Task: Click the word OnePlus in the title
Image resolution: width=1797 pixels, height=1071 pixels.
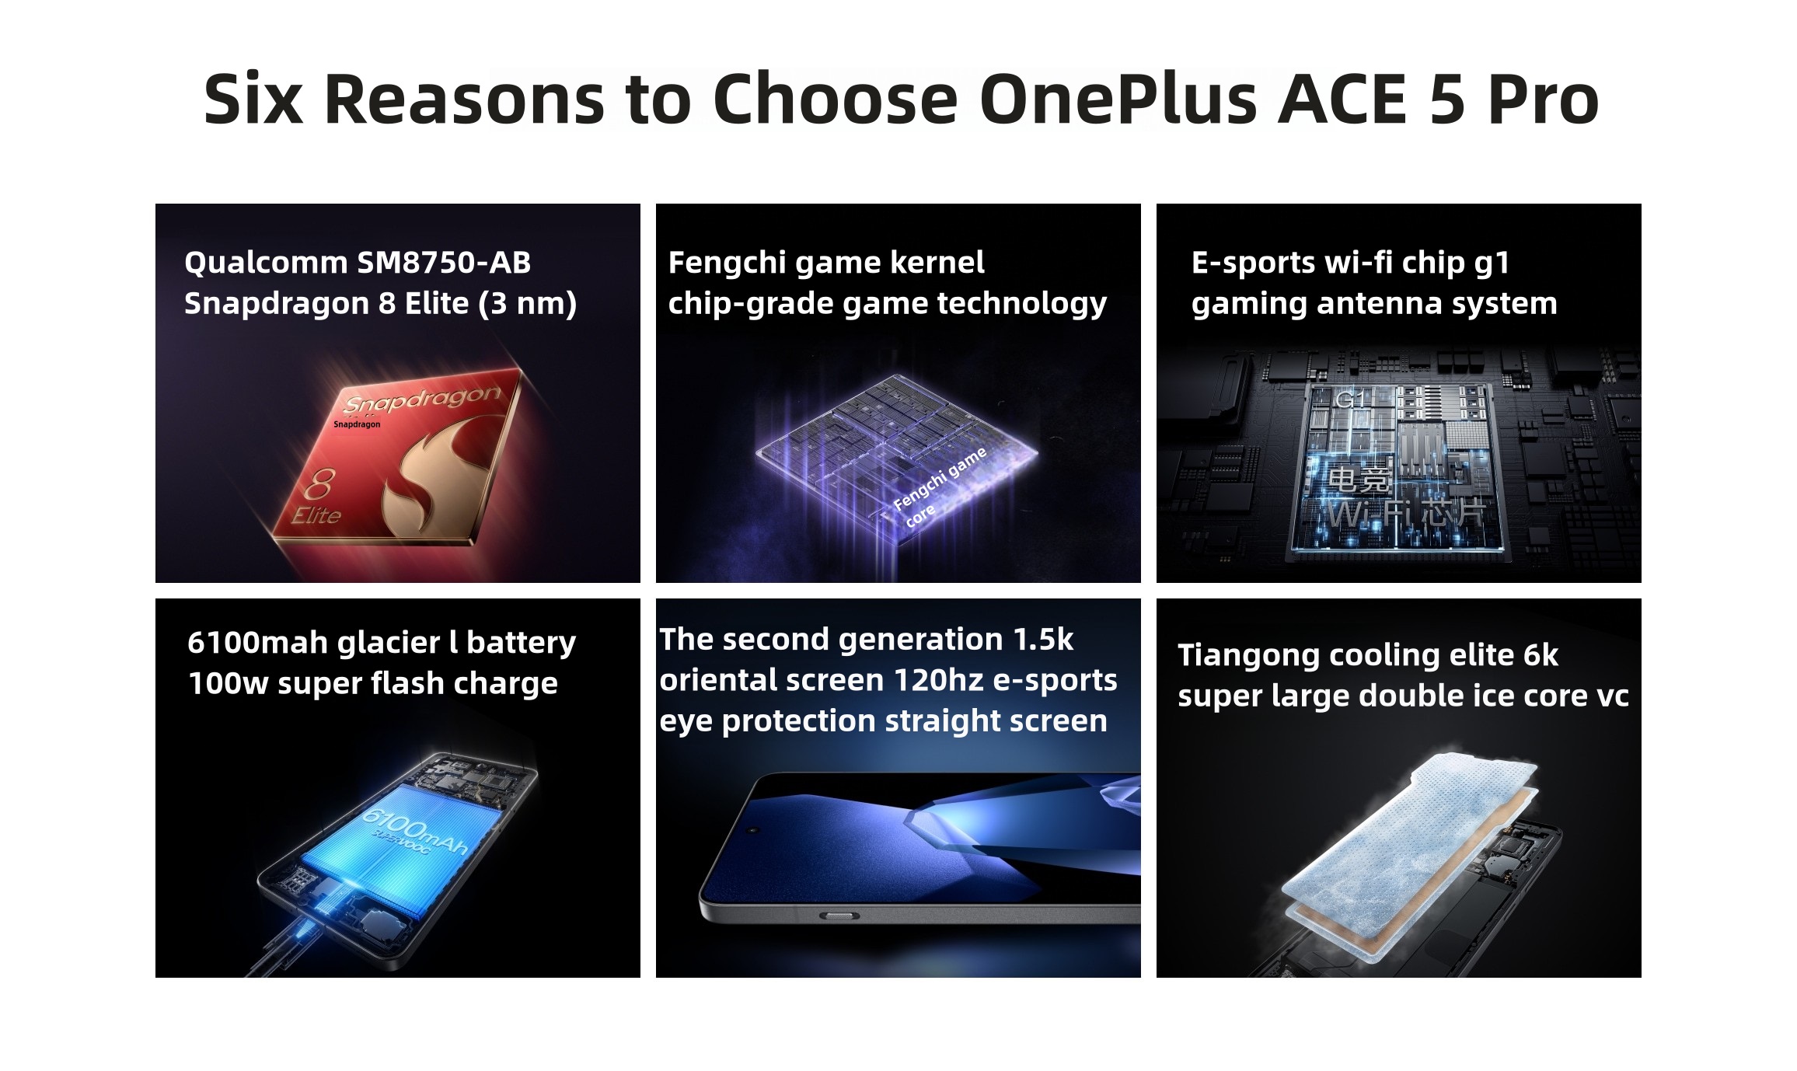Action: [1118, 99]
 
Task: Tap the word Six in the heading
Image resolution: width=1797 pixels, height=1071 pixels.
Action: [253, 99]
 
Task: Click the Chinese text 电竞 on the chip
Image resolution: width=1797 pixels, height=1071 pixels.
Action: [1358, 479]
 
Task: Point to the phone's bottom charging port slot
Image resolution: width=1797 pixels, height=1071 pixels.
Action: [838, 917]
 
